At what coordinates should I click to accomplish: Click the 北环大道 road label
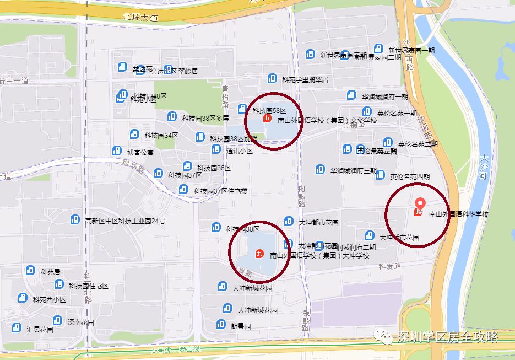[x=140, y=18]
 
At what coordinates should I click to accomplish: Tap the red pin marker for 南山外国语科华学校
[x=419, y=205]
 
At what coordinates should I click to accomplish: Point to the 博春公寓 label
[x=140, y=152]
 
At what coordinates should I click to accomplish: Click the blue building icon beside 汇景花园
[x=17, y=327]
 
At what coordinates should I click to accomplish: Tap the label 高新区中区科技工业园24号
[x=125, y=221]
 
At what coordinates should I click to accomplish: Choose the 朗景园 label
[x=241, y=326]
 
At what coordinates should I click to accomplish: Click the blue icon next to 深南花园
[x=57, y=320]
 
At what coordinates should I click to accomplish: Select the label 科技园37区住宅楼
[x=220, y=191]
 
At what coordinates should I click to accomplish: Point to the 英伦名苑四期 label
[x=410, y=177]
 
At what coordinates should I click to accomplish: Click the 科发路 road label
[x=389, y=266]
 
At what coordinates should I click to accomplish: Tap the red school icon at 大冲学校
[x=259, y=254]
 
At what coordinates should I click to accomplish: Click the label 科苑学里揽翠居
[x=305, y=79]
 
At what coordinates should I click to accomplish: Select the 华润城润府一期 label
[x=385, y=96]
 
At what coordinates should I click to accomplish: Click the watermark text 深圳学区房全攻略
[x=447, y=336]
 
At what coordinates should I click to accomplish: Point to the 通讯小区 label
[x=239, y=151]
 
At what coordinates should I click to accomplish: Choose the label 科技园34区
[x=161, y=136]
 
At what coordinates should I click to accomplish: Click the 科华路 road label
[x=133, y=166]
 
